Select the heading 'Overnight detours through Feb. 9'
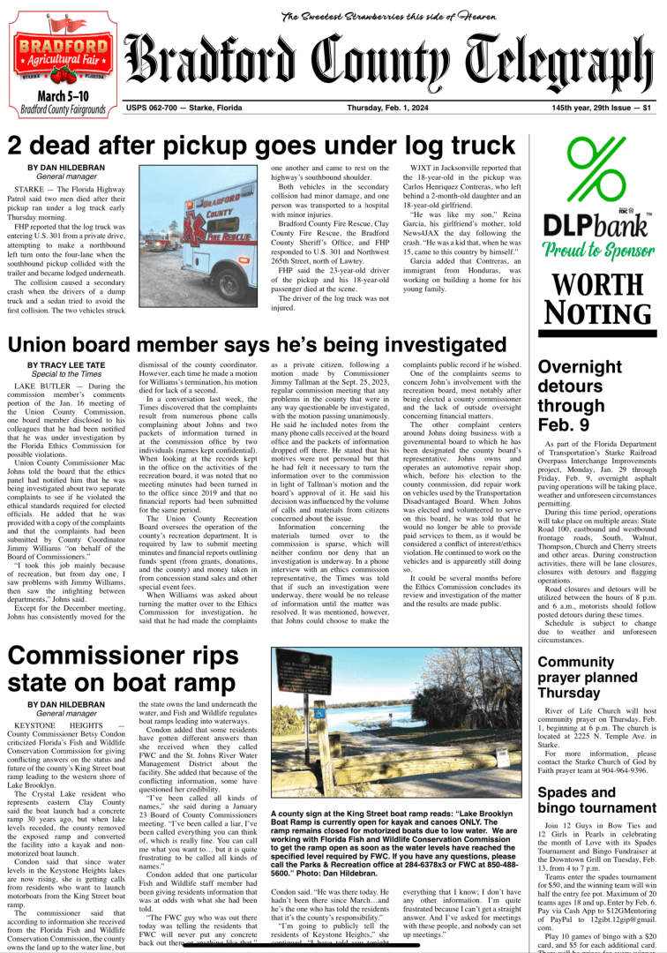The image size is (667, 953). [x=580, y=394]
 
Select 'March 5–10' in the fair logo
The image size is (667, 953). [x=62, y=94]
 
